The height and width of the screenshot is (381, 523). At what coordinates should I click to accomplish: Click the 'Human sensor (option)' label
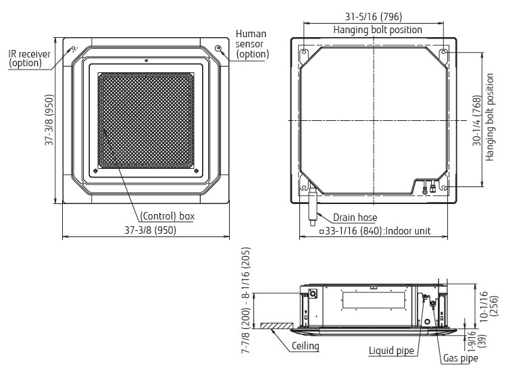point(252,44)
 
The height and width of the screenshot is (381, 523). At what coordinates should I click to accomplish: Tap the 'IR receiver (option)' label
point(29,58)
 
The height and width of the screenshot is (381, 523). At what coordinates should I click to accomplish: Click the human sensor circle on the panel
point(218,49)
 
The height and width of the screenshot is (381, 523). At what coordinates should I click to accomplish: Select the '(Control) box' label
point(167,216)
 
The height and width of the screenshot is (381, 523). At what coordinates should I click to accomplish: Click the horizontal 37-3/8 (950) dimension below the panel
point(151,230)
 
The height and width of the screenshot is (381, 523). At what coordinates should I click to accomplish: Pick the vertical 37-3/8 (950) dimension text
point(49,120)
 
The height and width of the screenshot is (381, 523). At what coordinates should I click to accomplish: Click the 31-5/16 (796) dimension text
point(373,16)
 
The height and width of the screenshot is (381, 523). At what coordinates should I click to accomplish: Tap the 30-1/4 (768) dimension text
point(477,121)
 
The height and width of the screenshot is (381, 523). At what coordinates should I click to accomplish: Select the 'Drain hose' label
point(355,218)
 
